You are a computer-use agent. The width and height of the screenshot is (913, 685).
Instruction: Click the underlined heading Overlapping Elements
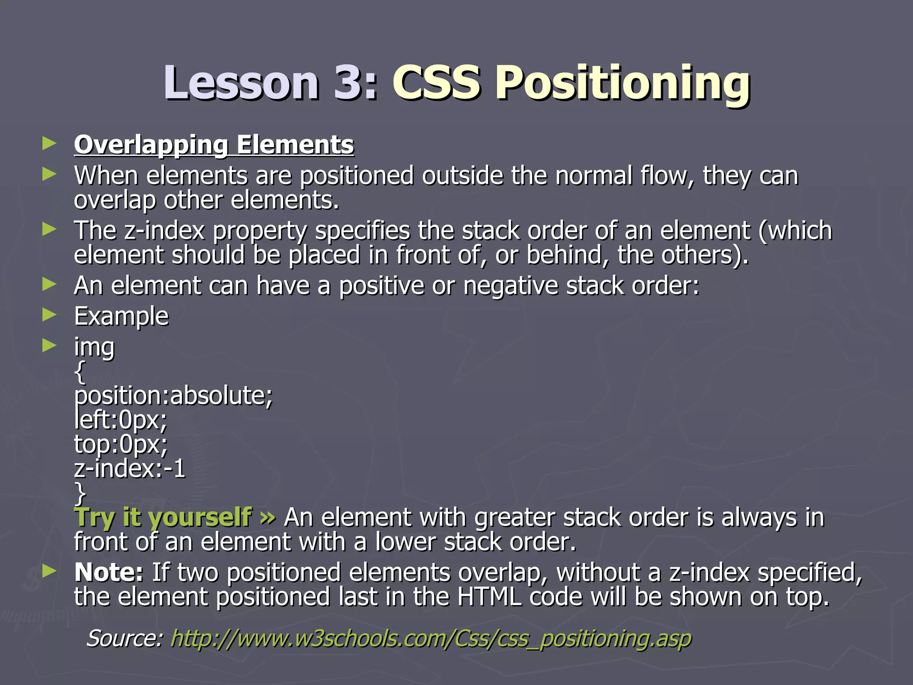pyautogui.click(x=214, y=145)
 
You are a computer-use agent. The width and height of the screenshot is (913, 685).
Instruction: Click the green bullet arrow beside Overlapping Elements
pyautogui.click(x=49, y=144)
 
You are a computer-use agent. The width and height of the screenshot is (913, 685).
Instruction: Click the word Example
pyautogui.click(x=121, y=317)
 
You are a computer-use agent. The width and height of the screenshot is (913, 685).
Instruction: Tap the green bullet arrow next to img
pyautogui.click(x=49, y=345)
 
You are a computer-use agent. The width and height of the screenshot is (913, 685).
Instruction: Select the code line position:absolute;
pyautogui.click(x=173, y=396)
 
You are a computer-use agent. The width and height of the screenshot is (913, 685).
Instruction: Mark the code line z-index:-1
pyautogui.click(x=129, y=469)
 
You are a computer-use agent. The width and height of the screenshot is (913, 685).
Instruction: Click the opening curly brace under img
pyautogui.click(x=80, y=372)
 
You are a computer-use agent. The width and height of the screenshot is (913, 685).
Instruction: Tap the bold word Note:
pyautogui.click(x=109, y=573)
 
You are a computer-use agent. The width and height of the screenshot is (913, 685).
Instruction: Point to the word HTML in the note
pyautogui.click(x=489, y=598)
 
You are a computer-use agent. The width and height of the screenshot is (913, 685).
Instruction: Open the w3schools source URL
pyautogui.click(x=431, y=639)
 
